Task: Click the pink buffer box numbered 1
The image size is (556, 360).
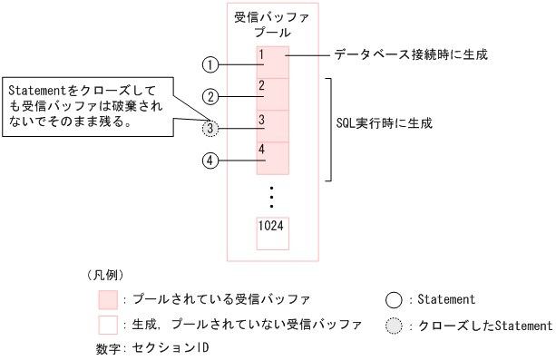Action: pyautogui.click(x=273, y=63)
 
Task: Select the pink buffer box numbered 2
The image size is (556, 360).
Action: pyautogui.click(x=273, y=94)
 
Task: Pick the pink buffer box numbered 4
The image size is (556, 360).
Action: pyautogui.click(x=273, y=158)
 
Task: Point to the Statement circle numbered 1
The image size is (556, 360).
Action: pyautogui.click(x=210, y=64)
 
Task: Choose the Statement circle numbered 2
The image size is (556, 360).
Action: pyautogui.click(x=210, y=96)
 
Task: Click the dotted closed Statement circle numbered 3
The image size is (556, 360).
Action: pyautogui.click(x=210, y=129)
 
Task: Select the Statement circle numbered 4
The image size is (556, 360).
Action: pyautogui.click(x=210, y=161)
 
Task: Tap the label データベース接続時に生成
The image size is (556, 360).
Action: pyautogui.click(x=411, y=55)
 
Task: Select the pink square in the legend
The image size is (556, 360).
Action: pyautogui.click(x=109, y=298)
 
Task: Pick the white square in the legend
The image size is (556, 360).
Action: pyautogui.click(x=109, y=324)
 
